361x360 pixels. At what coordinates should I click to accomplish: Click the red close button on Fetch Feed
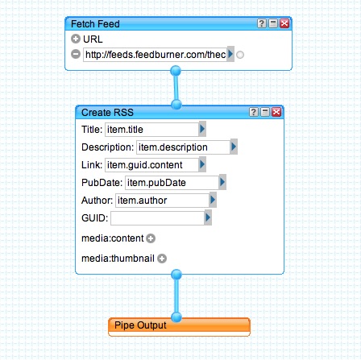[284, 23]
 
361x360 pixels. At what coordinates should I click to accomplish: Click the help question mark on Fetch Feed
[262, 23]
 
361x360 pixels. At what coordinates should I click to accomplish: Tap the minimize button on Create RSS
[265, 112]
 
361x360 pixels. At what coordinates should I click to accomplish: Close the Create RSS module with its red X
[276, 112]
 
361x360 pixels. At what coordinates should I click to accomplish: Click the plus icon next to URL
[76, 39]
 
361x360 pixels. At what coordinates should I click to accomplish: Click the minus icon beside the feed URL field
[76, 54]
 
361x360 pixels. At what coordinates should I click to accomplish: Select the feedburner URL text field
[155, 55]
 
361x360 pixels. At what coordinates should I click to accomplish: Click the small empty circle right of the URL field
[240, 55]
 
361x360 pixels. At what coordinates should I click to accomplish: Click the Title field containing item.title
[151, 130]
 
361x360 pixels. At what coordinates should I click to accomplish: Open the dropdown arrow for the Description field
[234, 147]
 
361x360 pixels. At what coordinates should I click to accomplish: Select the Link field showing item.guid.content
[151, 165]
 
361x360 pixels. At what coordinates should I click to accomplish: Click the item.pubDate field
[172, 183]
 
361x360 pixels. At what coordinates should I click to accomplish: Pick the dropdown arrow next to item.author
[213, 200]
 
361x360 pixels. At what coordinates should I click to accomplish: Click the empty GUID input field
[157, 218]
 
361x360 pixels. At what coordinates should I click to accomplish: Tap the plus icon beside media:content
[151, 238]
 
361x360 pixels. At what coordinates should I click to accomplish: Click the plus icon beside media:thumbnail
[162, 259]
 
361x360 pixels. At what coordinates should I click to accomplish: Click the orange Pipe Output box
[179, 327]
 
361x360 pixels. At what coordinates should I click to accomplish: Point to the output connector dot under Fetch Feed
[176, 71]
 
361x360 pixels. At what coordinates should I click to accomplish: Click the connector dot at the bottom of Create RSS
[176, 275]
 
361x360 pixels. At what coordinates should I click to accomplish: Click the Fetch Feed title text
[95, 24]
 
